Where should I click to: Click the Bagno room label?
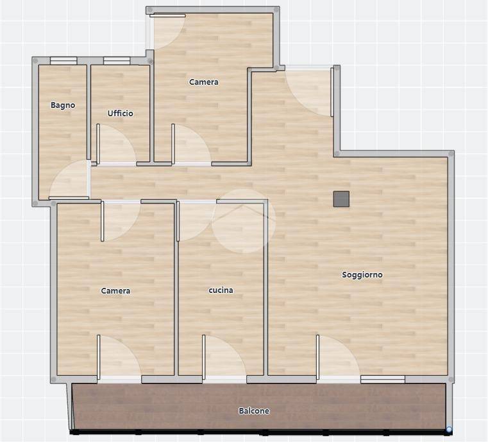63,105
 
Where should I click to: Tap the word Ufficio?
120,113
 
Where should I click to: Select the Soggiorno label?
362,274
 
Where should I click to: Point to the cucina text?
221,290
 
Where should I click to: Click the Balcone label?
254,411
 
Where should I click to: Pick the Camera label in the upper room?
204,82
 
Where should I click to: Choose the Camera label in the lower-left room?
115,291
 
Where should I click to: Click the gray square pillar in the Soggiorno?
341,199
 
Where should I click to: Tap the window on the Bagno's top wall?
63,60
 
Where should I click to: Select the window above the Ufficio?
117,60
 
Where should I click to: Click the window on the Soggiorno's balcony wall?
383,379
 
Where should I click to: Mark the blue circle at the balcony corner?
449,430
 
